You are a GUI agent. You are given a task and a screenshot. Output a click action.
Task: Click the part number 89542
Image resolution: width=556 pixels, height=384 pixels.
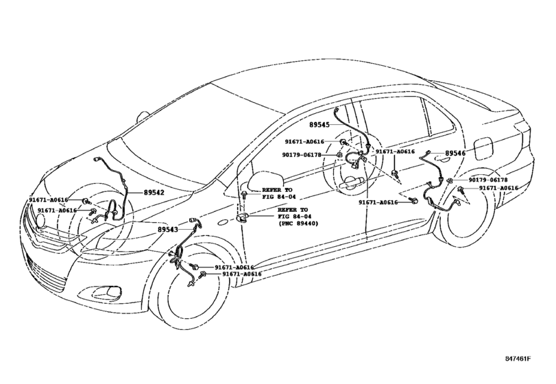click(154, 193)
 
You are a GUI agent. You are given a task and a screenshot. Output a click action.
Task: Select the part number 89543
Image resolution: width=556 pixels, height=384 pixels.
click(168, 230)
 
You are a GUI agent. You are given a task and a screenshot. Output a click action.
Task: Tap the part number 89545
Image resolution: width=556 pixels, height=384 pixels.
click(319, 124)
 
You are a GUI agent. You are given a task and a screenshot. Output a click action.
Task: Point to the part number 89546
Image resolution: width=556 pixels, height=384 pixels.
click(455, 154)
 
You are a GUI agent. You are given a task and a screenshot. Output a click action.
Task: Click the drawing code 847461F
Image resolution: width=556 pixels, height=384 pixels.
click(518, 358)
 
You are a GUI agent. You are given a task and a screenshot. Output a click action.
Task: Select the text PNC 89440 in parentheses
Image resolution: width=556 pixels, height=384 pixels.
click(298, 224)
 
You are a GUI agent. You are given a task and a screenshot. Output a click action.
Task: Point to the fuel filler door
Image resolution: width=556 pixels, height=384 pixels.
click(483, 149)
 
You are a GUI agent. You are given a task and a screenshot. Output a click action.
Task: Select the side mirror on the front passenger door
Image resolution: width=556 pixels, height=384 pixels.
click(265, 181)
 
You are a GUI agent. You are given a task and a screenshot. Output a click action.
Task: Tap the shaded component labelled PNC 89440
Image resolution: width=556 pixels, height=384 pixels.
click(242, 218)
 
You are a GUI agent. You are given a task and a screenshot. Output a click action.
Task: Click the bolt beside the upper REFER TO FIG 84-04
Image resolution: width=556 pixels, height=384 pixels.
click(244, 194)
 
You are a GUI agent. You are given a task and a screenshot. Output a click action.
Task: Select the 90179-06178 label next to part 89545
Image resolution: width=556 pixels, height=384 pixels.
click(302, 155)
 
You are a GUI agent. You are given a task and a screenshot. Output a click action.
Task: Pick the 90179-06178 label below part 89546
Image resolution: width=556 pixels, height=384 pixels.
click(488, 180)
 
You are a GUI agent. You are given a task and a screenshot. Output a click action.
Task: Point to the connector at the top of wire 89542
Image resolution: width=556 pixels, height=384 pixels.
click(97, 160)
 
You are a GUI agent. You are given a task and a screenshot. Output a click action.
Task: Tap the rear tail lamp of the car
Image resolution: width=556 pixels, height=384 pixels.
click(522, 134)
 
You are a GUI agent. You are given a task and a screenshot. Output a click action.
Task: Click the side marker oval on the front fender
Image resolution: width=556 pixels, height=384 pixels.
click(223, 223)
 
